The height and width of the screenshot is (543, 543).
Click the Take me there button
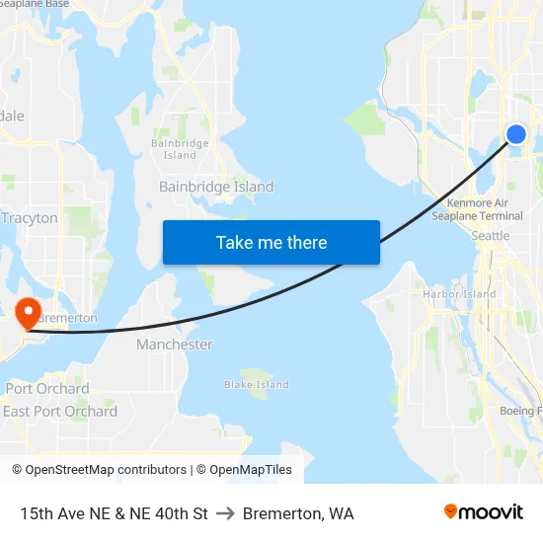coord(271,242)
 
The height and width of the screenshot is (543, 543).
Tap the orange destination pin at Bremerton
coord(28,313)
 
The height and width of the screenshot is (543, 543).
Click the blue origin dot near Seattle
coord(516,134)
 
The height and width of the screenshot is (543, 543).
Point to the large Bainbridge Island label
coord(216,187)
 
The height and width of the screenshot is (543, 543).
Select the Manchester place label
coord(175,345)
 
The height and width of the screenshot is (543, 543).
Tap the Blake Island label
coord(257,385)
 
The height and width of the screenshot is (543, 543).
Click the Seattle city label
coord(491,236)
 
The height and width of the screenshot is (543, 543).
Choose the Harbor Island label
coord(459,294)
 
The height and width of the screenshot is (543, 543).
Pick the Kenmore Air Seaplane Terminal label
coord(477,209)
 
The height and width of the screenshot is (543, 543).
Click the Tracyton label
coord(30,218)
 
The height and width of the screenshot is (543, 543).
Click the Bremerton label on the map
coord(68,318)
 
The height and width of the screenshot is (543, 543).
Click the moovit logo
coord(484,512)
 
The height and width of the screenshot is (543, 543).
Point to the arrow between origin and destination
coord(225,513)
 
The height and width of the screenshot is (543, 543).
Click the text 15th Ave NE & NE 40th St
coord(114,513)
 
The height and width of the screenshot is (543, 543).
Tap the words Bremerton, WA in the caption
coord(298,513)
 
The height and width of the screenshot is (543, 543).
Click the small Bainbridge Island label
coord(180,149)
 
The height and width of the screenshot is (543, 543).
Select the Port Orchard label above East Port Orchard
coord(47,388)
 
